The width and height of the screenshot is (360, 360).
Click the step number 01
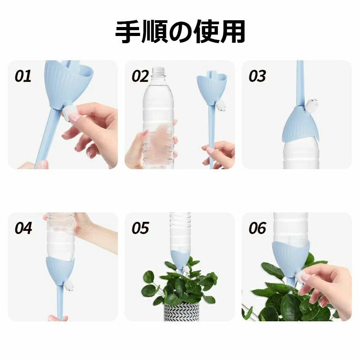(x=23, y=76)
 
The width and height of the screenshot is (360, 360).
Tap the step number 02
(x=140, y=76)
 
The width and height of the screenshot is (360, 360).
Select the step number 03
(x=257, y=76)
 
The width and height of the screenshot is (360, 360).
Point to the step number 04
(x=23, y=228)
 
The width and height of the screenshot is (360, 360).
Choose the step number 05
(x=140, y=228)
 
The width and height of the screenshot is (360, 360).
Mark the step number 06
(x=257, y=228)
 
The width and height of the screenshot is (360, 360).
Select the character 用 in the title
(x=232, y=31)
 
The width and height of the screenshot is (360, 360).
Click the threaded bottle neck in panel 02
(x=159, y=72)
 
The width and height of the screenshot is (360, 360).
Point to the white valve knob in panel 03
(x=310, y=104)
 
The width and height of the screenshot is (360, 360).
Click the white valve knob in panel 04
(x=69, y=285)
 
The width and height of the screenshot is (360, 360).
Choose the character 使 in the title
(x=206, y=31)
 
